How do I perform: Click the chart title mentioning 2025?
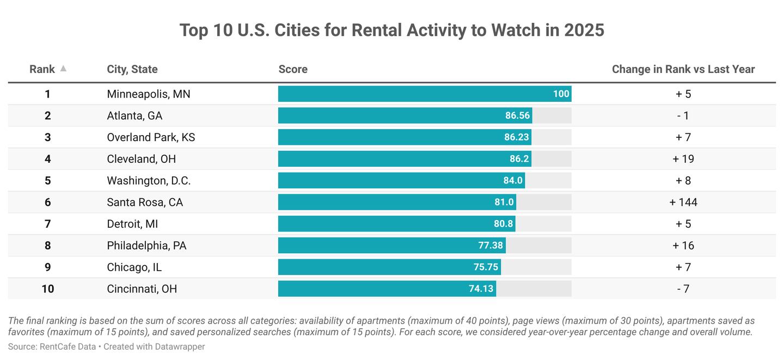click(x=391, y=30)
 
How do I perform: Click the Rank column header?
click(x=42, y=69)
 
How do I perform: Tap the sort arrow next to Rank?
click(x=63, y=69)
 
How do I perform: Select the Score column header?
click(x=293, y=69)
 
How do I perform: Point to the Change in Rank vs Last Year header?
click(x=683, y=69)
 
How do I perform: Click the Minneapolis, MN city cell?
click(x=149, y=94)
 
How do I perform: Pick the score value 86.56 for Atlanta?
click(x=517, y=115)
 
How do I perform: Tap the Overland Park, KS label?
click(x=151, y=137)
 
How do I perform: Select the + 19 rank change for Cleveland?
click(x=683, y=159)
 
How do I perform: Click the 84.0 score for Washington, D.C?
click(x=513, y=180)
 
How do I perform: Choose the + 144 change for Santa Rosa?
click(x=683, y=202)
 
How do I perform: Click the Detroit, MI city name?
click(x=132, y=224)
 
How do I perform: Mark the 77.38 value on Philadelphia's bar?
click(x=491, y=246)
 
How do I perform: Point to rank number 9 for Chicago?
click(x=48, y=267)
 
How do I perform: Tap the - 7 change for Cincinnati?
click(x=683, y=289)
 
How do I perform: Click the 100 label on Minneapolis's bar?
click(x=561, y=94)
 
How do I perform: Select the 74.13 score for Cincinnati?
click(x=481, y=289)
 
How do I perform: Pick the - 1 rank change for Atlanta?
click(x=683, y=115)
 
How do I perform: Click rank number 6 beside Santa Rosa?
click(x=48, y=202)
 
